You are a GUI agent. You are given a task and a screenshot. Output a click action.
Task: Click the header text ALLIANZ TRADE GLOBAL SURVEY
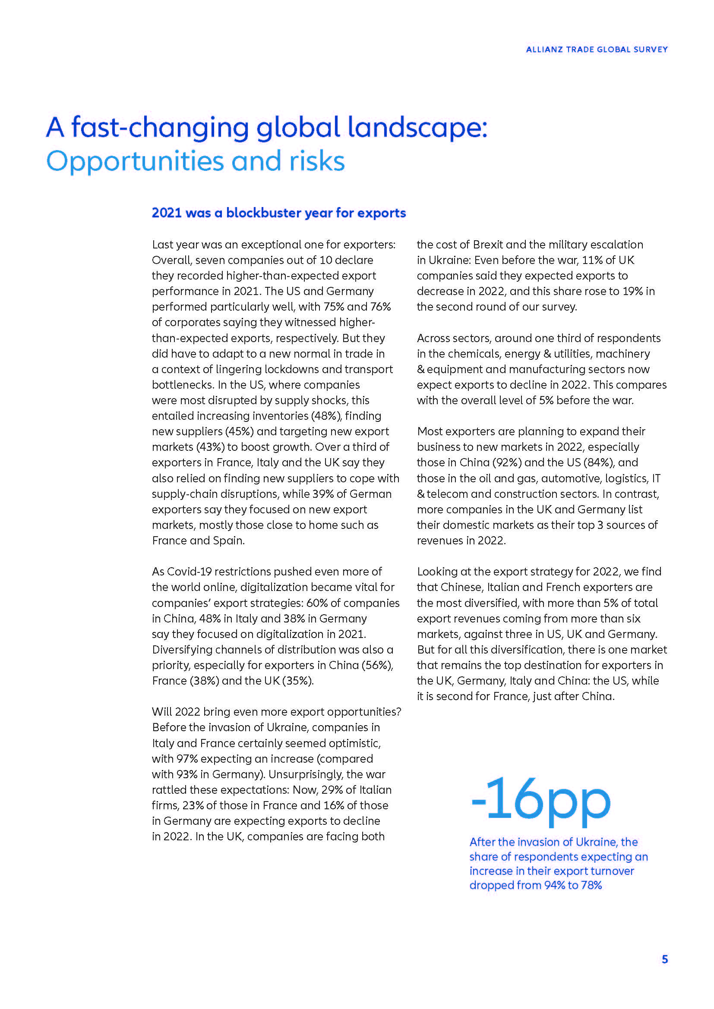pyautogui.click(x=597, y=49)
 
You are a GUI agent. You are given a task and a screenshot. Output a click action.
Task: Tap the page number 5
pyautogui.click(x=664, y=959)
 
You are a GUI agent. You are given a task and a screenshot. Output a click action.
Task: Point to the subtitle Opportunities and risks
pyautogui.click(x=195, y=161)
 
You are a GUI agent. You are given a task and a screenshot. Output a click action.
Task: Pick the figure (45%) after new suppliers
pyautogui.click(x=239, y=431)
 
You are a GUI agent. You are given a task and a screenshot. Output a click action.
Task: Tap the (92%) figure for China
pyautogui.click(x=506, y=462)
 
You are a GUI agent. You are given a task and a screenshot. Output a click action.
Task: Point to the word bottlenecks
pyautogui.click(x=182, y=384)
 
